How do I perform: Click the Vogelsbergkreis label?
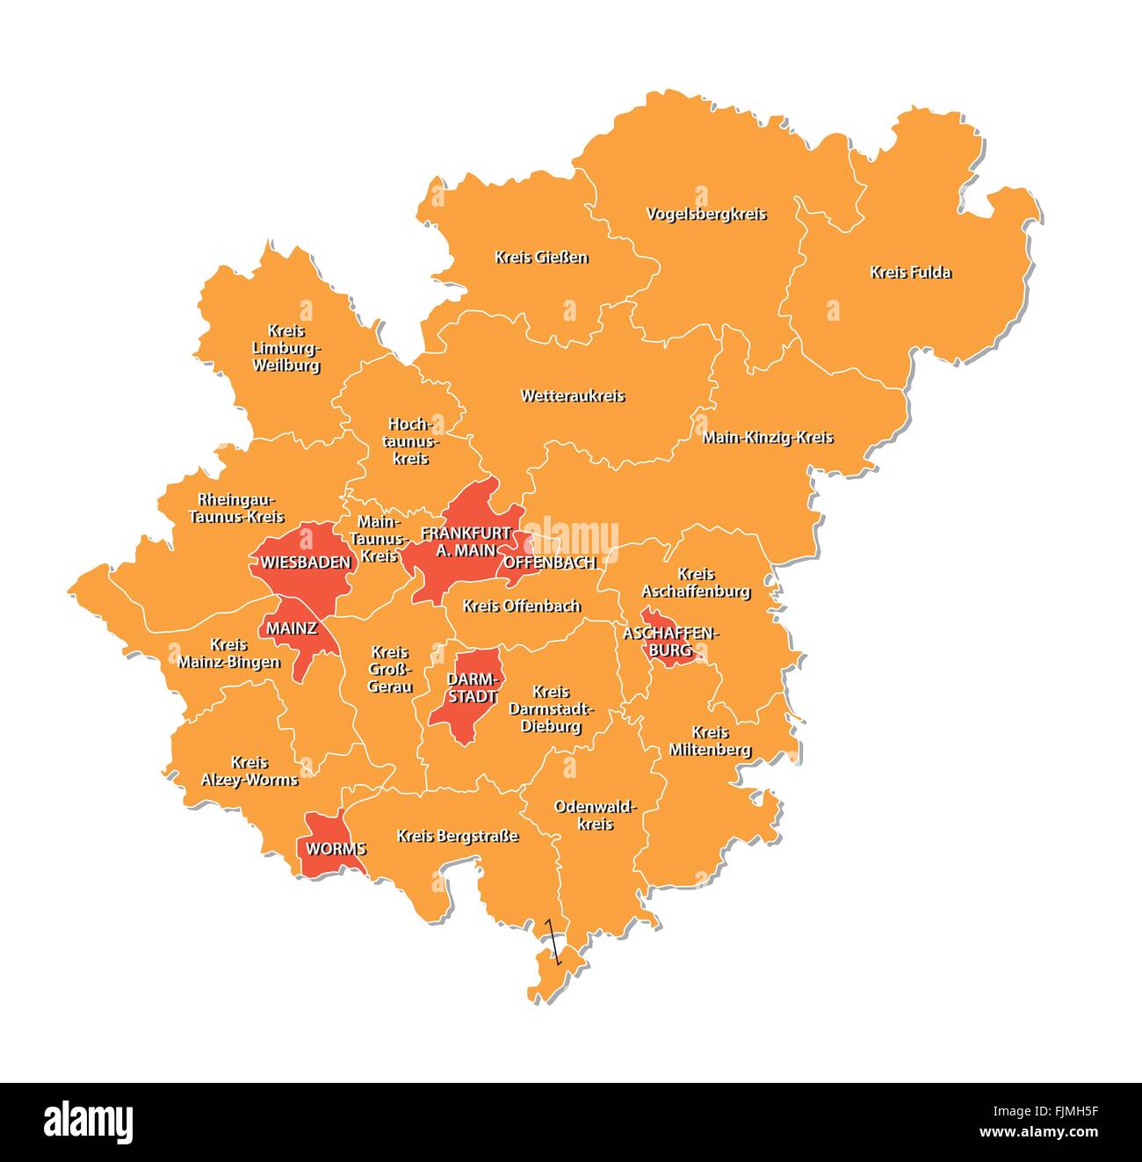point(706,214)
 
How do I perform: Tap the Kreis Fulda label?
point(910,272)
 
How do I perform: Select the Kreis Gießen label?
point(541,258)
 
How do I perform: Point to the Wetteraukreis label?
point(573,396)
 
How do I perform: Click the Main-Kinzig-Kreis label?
point(768,437)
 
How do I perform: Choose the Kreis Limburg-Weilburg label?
point(286,348)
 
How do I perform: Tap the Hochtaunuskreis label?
point(410,440)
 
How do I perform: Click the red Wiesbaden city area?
point(303,562)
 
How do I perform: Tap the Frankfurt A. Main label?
point(466,541)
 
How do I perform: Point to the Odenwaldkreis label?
point(595,815)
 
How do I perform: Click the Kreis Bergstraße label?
point(457,836)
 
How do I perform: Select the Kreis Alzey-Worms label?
point(249,771)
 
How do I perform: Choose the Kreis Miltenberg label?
point(710,741)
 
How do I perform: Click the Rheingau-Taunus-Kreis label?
point(236,508)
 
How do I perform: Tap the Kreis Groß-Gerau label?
point(390,669)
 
